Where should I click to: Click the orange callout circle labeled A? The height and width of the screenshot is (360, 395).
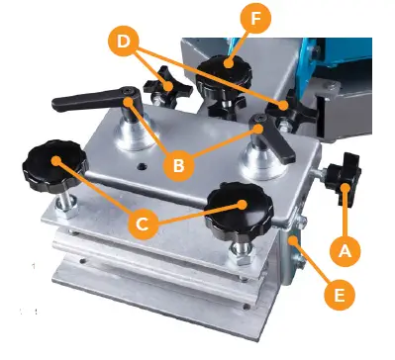pos(344,252)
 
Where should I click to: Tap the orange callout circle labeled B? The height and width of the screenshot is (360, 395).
pos(178,166)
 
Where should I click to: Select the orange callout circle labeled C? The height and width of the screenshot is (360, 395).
pos(142,224)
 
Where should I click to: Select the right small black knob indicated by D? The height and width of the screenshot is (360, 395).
pos(286,108)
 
